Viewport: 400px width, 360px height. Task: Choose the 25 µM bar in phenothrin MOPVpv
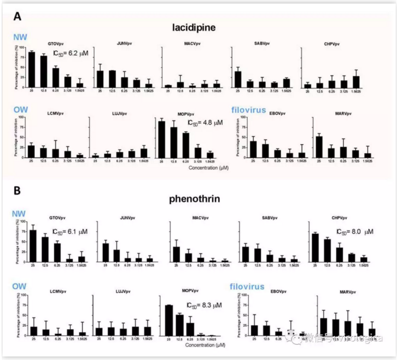coord(169,320)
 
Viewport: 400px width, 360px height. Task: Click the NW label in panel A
coord(19,37)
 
